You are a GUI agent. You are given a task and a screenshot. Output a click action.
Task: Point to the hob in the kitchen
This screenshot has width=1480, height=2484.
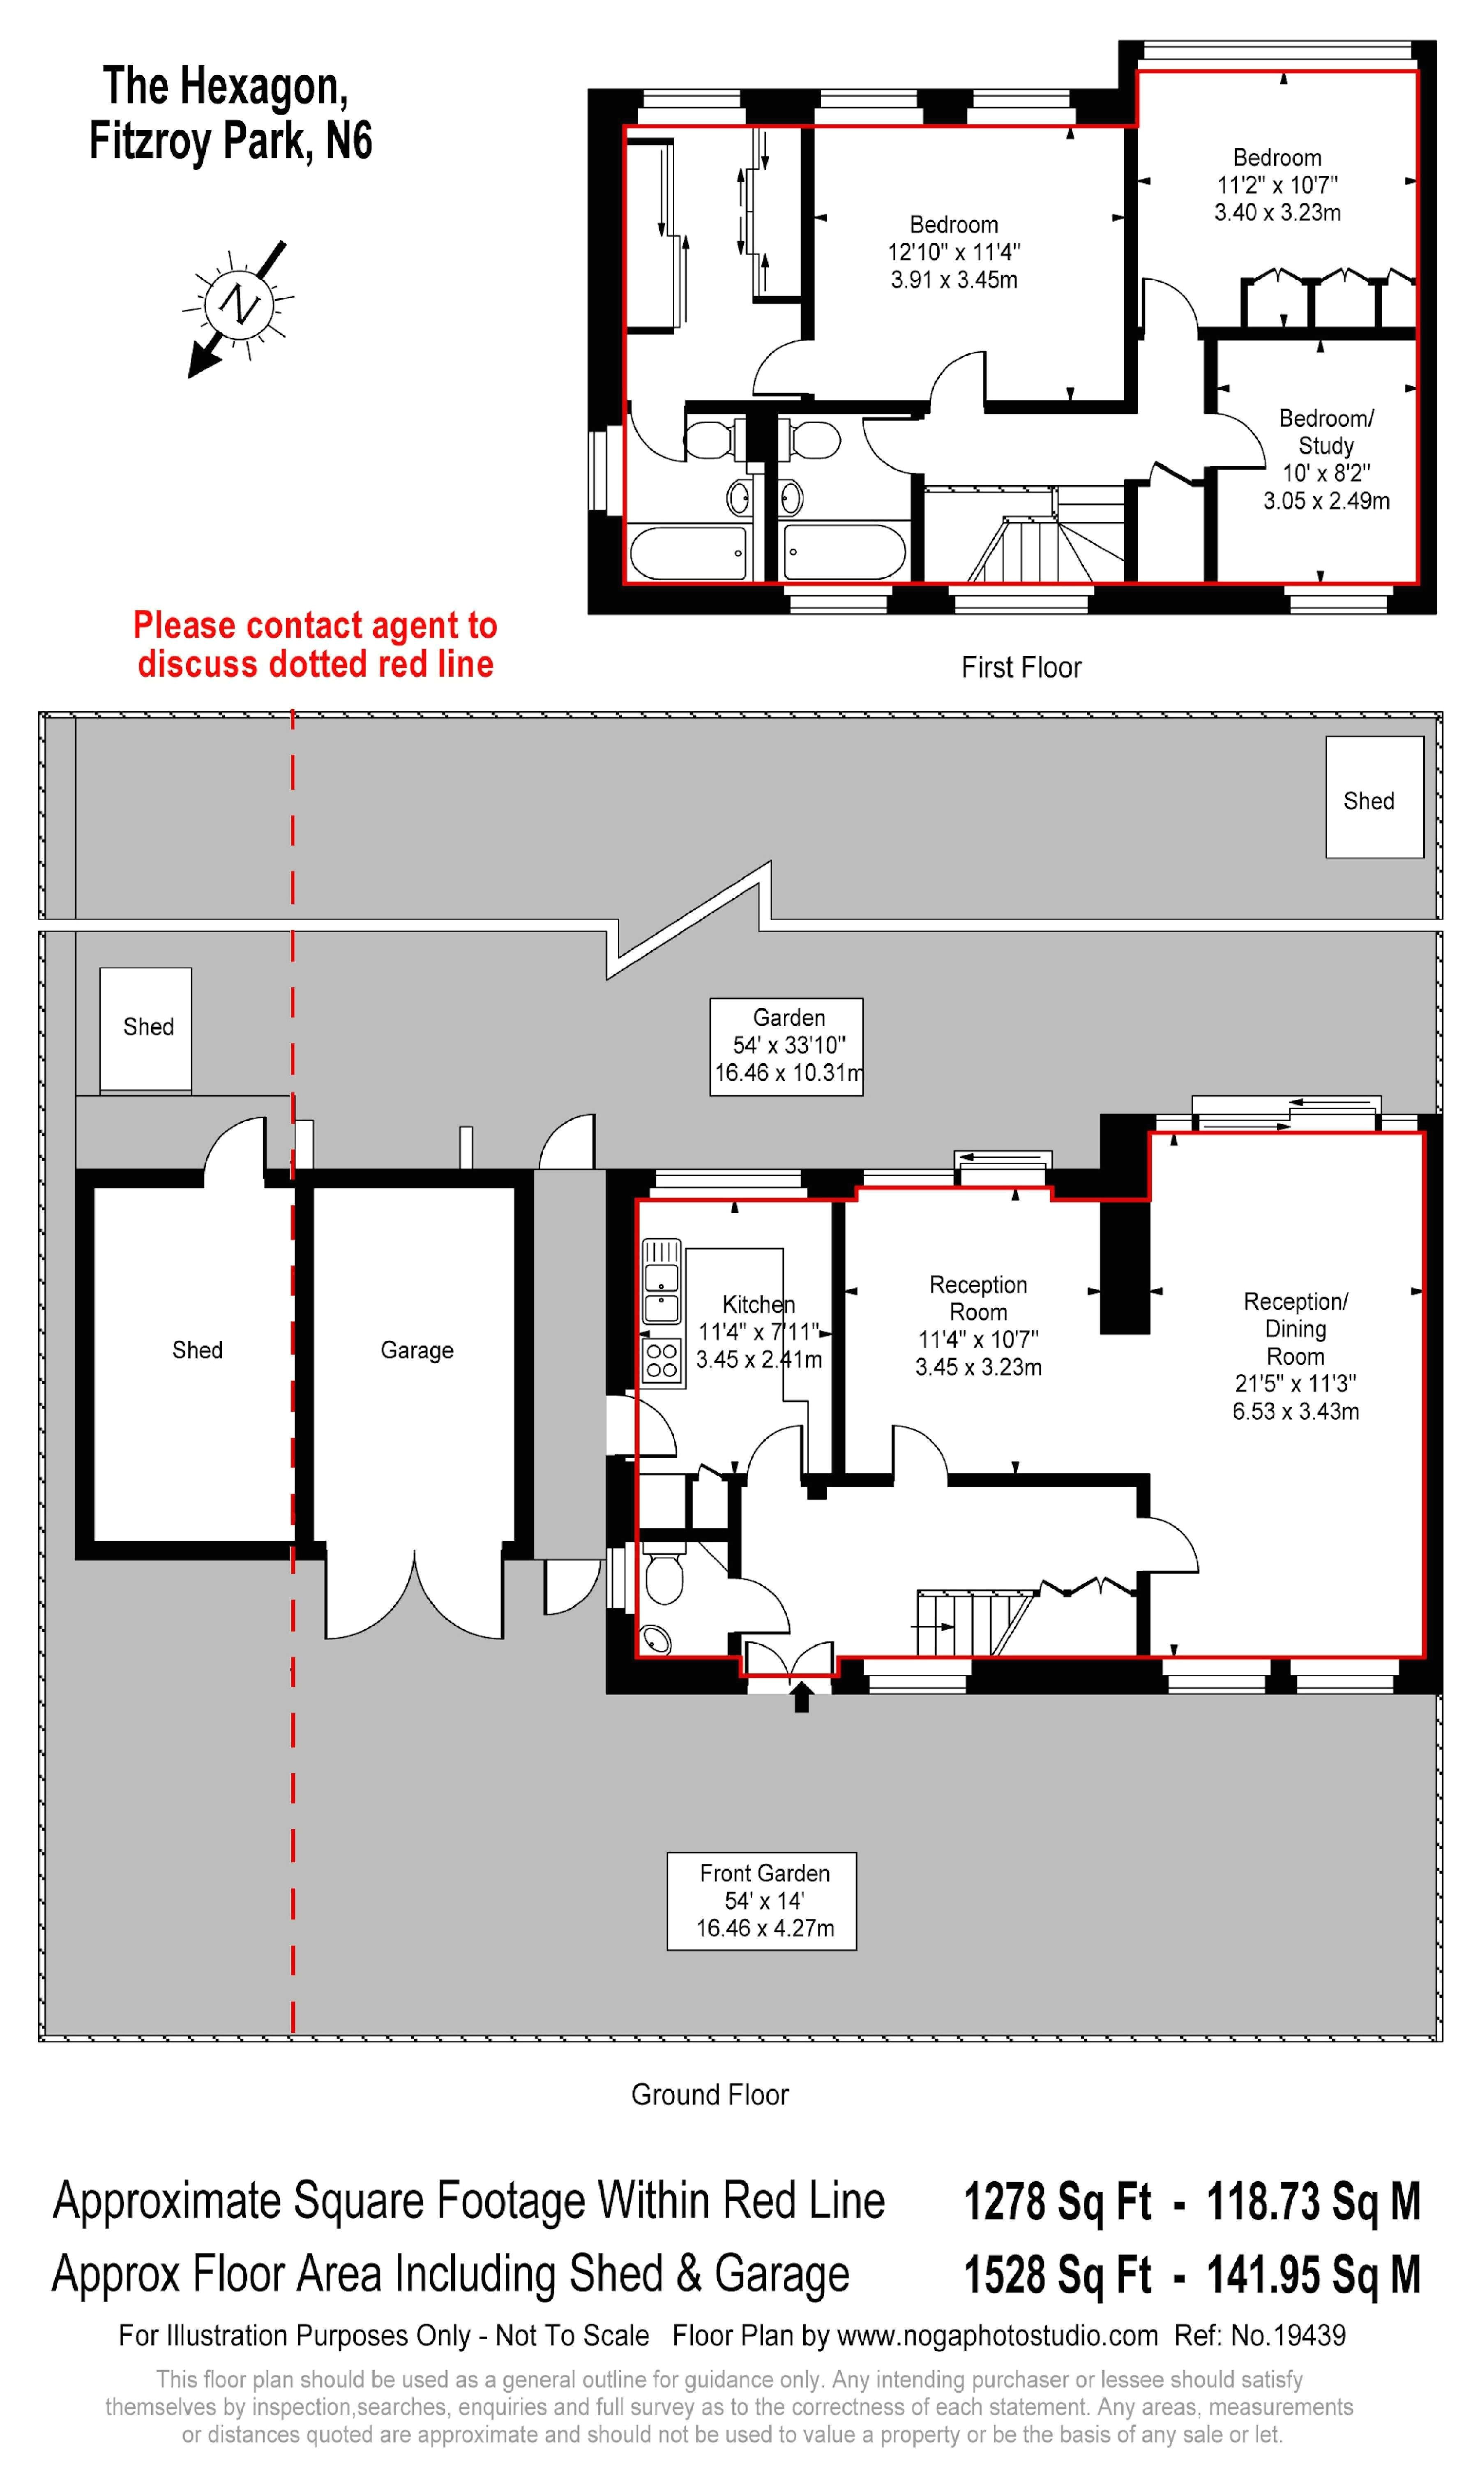pos(661,1360)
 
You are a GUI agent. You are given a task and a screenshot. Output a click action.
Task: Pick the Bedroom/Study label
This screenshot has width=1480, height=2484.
pos(1326,432)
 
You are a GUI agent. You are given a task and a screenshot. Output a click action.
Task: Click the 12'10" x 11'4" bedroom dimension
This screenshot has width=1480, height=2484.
pos(953,252)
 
